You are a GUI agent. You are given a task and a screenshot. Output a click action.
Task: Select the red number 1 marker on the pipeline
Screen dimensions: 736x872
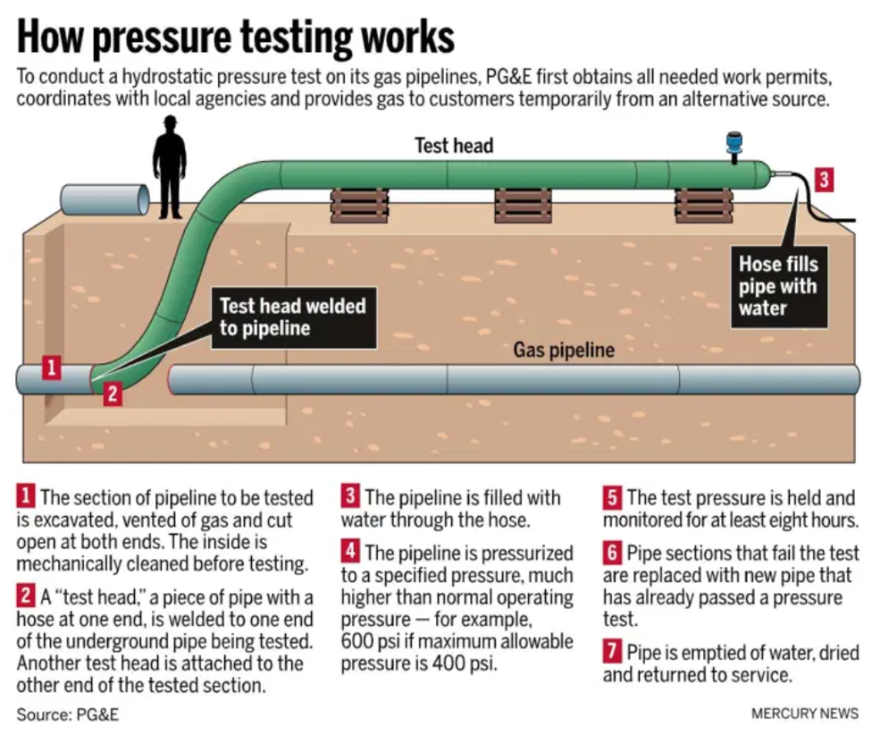pos(53,367)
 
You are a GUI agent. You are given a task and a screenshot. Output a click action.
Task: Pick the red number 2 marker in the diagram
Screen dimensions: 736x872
pos(112,393)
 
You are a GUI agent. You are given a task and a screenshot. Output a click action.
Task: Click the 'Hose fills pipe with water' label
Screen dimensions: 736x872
pos(777,286)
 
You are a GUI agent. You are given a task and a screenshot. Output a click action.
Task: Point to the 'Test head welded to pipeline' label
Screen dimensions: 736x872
pos(293,317)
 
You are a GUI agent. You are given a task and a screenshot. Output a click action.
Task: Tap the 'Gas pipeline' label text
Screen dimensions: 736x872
pos(563,350)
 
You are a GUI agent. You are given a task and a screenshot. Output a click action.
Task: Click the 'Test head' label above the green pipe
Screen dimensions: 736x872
pos(454,145)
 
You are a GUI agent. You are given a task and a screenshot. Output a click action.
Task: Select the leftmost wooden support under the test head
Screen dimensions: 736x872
pos(358,205)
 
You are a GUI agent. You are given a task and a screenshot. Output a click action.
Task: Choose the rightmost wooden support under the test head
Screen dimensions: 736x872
pos(704,205)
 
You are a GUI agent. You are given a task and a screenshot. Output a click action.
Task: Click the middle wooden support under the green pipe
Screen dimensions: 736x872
pos(524,205)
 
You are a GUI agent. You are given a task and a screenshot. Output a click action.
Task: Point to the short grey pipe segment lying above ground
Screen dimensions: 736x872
pos(104,199)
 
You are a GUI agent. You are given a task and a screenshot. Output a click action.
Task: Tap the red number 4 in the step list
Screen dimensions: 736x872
pos(351,553)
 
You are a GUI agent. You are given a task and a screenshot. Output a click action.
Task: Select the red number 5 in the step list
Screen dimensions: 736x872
pos(612,497)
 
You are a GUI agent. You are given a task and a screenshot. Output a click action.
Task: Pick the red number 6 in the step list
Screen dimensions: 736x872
pos(612,553)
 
